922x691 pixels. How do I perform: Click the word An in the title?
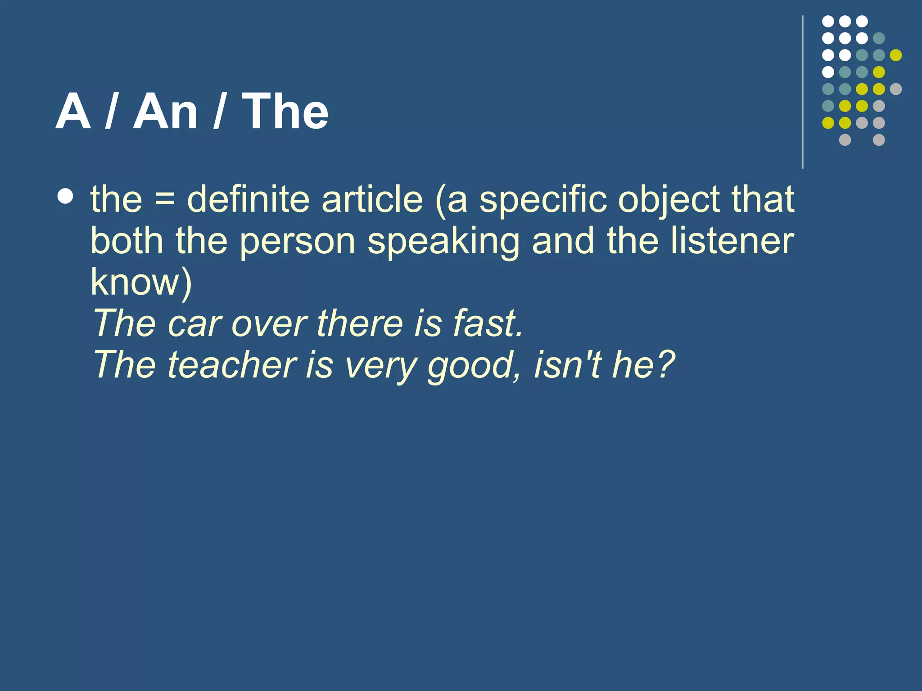165,112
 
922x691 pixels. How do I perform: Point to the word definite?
248,199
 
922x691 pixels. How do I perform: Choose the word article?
372,199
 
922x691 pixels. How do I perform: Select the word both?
127,241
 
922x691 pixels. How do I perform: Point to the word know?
135,282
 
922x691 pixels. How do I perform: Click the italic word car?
195,324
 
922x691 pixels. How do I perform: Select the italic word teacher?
232,365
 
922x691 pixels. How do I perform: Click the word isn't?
567,364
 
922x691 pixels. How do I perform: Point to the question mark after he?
664,364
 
